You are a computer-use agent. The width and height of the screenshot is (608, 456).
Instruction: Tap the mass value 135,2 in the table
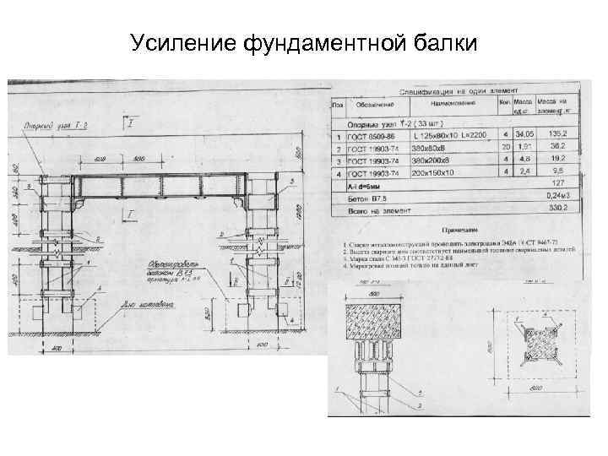[557, 133]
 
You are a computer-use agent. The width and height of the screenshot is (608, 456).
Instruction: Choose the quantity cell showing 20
[505, 146]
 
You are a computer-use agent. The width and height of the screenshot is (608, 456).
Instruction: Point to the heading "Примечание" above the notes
[462, 229]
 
